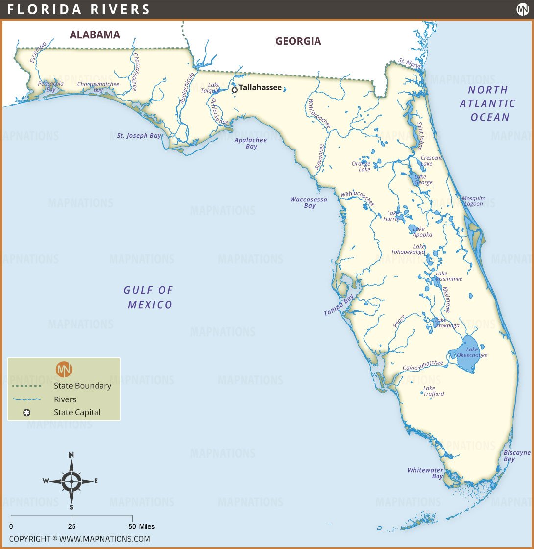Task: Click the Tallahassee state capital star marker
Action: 234,89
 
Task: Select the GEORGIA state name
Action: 298,41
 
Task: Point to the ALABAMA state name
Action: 95,35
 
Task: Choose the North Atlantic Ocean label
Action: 487,103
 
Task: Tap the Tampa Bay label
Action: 339,305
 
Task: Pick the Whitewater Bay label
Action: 425,473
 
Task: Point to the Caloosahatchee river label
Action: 423,366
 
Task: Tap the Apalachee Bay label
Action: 250,143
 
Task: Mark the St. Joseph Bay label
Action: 139,136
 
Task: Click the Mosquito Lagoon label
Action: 473,201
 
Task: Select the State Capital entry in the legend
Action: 77,412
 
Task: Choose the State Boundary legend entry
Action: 82,386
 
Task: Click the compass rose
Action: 72,481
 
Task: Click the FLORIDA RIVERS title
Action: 79,9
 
